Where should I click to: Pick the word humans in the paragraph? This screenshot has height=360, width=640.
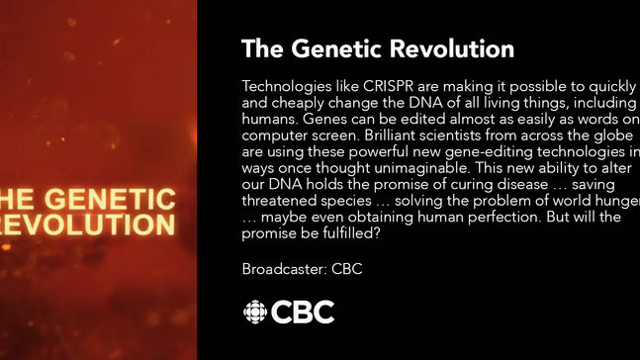269,118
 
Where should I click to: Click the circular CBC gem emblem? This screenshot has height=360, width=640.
255,313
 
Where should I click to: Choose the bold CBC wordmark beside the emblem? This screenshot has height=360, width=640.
304,313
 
